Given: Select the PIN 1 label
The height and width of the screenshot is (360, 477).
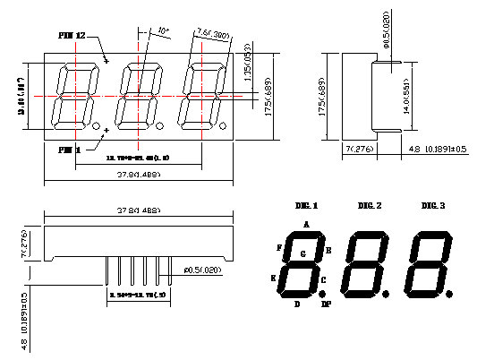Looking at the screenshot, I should click(x=69, y=150).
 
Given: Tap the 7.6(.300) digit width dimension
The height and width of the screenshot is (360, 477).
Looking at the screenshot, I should click(x=212, y=35).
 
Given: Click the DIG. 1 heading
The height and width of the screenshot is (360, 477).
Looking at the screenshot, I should click(x=306, y=206).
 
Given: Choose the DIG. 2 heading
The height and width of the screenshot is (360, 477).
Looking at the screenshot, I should click(x=370, y=206).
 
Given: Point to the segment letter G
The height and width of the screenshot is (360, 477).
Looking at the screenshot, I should click(x=303, y=254).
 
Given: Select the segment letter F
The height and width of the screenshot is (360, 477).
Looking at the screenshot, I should click(x=280, y=246).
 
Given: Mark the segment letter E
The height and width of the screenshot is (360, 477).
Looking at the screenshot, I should click(x=273, y=278).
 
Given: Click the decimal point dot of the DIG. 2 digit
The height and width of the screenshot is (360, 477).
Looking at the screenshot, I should click(x=387, y=293).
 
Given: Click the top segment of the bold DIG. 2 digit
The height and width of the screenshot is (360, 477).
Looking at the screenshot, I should click(x=370, y=235).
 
